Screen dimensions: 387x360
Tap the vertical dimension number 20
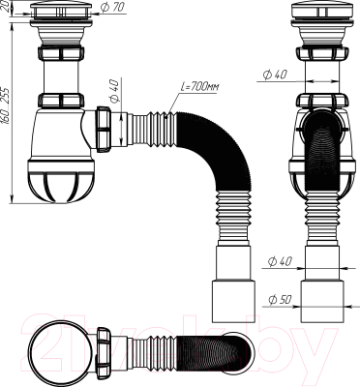(x=7, y=11)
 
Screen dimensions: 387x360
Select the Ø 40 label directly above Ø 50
(x=280, y=260)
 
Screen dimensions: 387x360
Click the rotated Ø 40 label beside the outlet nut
(x=113, y=94)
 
